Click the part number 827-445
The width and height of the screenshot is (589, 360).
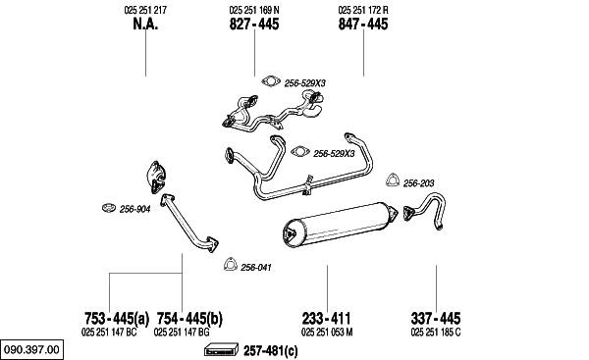(x=254, y=24)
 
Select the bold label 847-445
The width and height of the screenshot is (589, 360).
(x=363, y=24)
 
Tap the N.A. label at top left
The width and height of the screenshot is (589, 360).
(x=145, y=24)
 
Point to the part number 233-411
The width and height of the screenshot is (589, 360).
(x=327, y=319)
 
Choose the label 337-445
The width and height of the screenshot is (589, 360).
(x=436, y=319)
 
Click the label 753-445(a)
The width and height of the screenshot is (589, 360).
(x=117, y=319)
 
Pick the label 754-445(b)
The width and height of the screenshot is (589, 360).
(x=189, y=319)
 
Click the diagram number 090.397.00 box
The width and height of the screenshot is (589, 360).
(x=32, y=349)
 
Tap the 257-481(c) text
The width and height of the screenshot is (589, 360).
(x=271, y=351)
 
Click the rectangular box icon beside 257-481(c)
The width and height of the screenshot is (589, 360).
(x=221, y=350)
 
